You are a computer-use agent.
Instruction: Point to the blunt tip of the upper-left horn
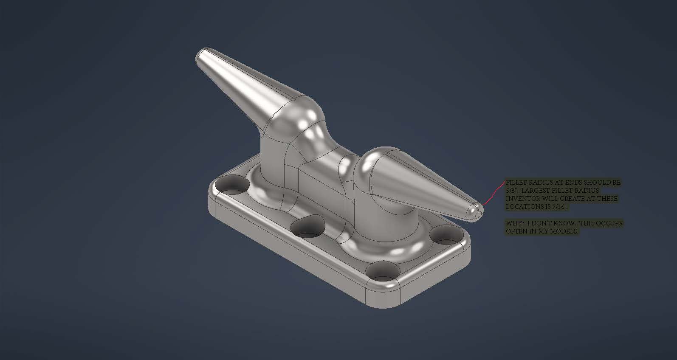tap(199, 56)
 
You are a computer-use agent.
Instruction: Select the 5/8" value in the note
tap(510, 191)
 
